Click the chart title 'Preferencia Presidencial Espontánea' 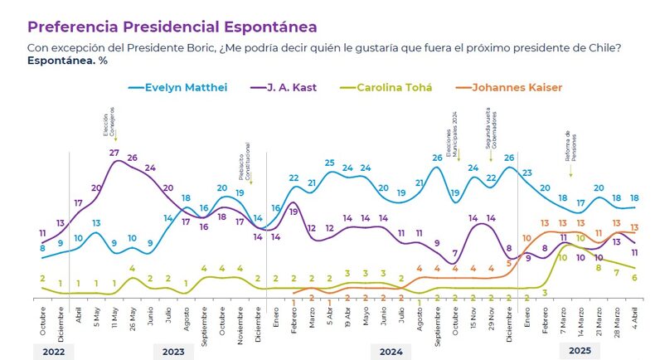[x=172, y=27]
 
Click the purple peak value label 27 [x=114, y=153]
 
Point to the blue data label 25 [x=329, y=163]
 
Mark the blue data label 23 [x=526, y=173]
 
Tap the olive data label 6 [x=634, y=277]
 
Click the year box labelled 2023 [x=173, y=352]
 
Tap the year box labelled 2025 [x=579, y=352]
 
